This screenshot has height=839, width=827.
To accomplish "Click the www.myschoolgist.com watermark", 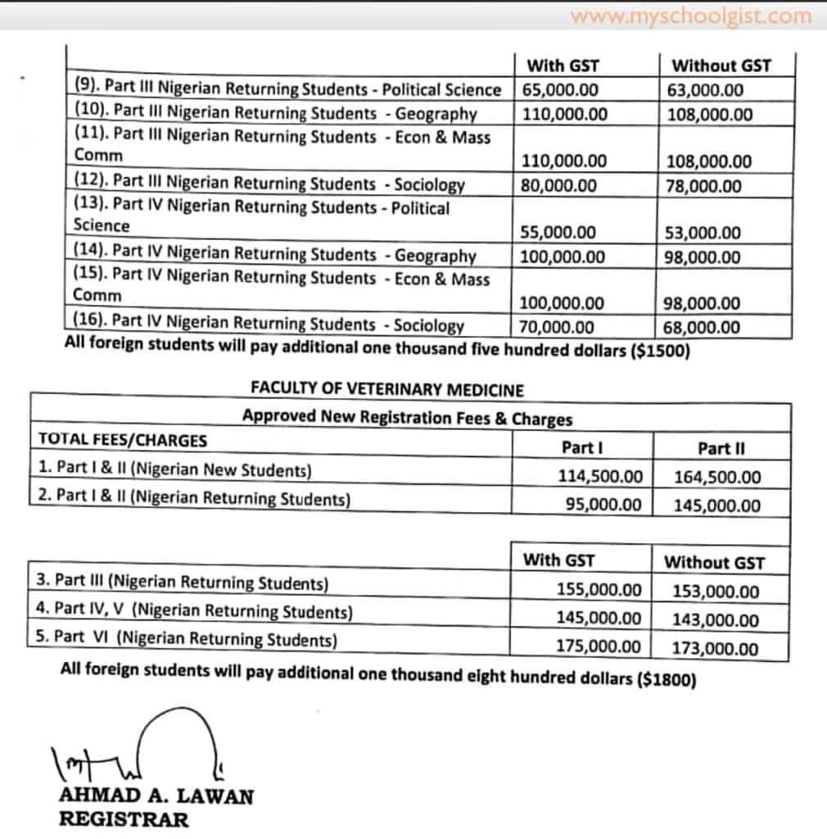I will (x=691, y=16).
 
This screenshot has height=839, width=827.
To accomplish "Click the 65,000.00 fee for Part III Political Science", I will (x=560, y=89).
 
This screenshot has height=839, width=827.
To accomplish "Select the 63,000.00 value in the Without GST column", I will (x=705, y=89).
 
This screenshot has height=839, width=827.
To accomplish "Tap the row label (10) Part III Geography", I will (x=274, y=113).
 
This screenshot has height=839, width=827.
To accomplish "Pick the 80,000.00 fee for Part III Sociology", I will (x=559, y=186).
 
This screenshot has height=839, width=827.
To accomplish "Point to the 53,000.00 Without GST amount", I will (x=705, y=233).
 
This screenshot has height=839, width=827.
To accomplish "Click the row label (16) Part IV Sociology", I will (x=269, y=325).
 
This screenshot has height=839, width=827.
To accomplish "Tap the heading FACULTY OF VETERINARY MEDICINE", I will (x=387, y=389).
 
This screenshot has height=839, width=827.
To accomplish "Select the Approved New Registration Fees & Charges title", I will (x=407, y=418).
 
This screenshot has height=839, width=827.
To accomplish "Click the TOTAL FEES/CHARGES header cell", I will (x=123, y=440).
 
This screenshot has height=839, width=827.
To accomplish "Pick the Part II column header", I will (x=721, y=448).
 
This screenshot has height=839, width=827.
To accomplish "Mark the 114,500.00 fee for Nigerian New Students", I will (x=600, y=476).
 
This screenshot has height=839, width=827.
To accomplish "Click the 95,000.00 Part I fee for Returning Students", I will (x=603, y=505).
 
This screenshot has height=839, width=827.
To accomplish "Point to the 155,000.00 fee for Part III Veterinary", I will (x=600, y=590).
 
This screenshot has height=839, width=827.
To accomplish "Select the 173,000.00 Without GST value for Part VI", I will (x=715, y=649).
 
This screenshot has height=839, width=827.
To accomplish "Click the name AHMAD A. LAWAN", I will (x=156, y=796).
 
